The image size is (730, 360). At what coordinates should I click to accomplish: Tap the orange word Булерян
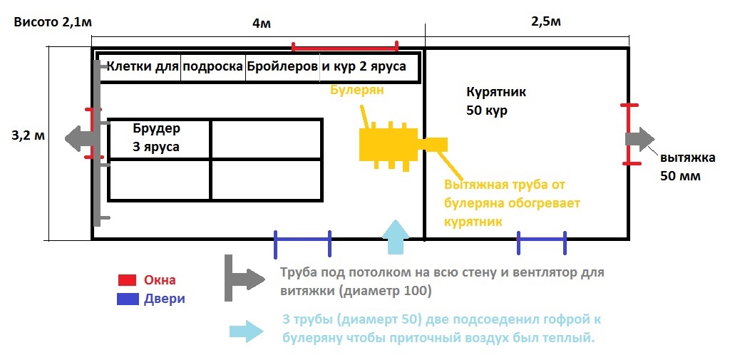pyautogui.click(x=357, y=91)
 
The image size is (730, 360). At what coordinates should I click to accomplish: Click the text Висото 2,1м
pyautogui.click(x=53, y=24)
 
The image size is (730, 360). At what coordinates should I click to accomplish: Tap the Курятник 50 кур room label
pyautogui.click(x=496, y=101)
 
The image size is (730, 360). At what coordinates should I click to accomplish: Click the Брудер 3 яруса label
pyautogui.click(x=156, y=138)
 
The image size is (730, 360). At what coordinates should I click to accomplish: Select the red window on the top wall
pyautogui.click(x=344, y=46)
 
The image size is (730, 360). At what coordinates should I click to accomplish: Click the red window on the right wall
pyautogui.click(x=629, y=134)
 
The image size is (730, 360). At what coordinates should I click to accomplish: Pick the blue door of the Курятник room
pyautogui.click(x=542, y=242)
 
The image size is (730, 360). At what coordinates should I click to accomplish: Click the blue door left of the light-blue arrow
pyautogui.click(x=302, y=244)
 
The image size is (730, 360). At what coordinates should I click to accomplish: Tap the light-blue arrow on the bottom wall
pyautogui.click(x=395, y=237)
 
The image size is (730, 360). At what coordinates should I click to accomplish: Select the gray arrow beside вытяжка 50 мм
pyautogui.click(x=640, y=139)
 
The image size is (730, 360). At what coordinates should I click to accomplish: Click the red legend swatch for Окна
pyautogui.click(x=127, y=280)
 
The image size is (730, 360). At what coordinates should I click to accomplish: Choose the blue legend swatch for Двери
pyautogui.click(x=128, y=299)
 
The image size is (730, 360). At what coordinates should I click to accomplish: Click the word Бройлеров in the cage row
pyautogui.click(x=282, y=66)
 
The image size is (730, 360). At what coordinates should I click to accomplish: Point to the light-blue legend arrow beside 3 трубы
pyautogui.click(x=246, y=331)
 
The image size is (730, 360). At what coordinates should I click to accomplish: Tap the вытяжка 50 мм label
pyautogui.click(x=688, y=167)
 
